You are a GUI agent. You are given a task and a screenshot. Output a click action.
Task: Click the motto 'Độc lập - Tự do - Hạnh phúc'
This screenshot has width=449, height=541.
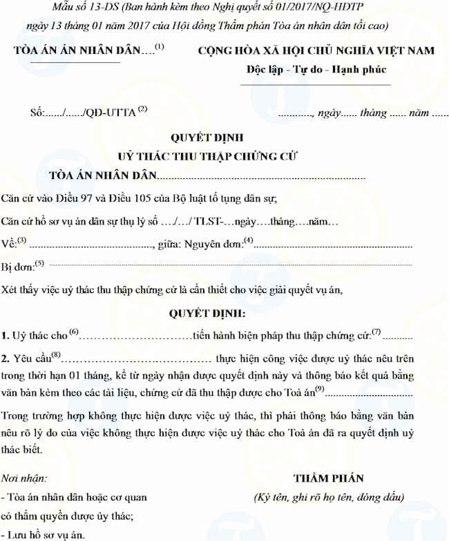pos(316,70)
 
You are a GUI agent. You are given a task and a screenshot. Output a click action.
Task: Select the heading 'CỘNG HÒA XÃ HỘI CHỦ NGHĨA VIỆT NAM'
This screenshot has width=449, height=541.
pos(316,50)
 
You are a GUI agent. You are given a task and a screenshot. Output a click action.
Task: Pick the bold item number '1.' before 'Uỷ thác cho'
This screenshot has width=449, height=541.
pos(6,336)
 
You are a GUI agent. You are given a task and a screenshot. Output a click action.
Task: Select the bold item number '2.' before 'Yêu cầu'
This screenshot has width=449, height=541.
pos(6,359)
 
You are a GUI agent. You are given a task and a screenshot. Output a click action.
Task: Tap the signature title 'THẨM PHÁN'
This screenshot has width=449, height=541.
pos(328,478)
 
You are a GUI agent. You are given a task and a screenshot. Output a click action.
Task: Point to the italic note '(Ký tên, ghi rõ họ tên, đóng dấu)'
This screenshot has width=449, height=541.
pos(328,496)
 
